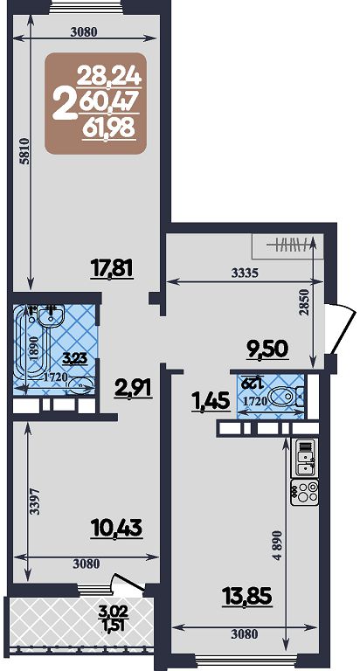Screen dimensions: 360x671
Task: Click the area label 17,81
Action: tap(113, 269)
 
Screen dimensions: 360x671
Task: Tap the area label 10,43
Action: tap(116, 528)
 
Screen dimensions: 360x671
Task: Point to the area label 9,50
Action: tap(269, 348)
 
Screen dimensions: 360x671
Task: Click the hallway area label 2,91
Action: tap(133, 388)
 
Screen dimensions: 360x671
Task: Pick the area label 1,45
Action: tap(211, 403)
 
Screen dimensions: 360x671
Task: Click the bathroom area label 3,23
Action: tap(75, 357)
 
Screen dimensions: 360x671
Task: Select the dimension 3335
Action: tap(245, 273)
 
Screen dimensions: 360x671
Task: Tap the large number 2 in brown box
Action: tap(64, 106)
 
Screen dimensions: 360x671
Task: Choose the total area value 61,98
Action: tap(109, 128)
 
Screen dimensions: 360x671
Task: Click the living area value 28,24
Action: tap(109, 77)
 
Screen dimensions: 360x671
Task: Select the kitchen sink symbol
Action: tap(304, 458)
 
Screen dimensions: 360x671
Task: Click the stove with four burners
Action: tap(304, 493)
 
